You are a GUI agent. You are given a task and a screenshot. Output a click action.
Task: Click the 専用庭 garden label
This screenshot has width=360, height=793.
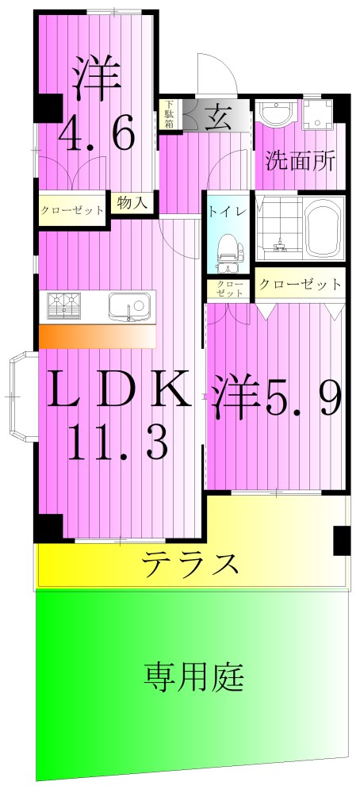pyautogui.click(x=194, y=678)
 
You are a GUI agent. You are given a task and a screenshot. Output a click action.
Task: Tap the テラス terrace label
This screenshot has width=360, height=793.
pyautogui.click(x=190, y=565)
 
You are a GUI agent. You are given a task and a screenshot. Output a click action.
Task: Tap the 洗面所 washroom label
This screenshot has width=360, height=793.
pyautogui.click(x=300, y=162)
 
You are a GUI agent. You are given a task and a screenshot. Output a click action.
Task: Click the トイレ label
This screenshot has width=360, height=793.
pyautogui.click(x=225, y=212)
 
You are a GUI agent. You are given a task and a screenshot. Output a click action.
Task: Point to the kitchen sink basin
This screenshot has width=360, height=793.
pyautogui.click(x=128, y=305)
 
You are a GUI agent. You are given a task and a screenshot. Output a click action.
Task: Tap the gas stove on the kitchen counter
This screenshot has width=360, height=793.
pyautogui.click(x=65, y=305)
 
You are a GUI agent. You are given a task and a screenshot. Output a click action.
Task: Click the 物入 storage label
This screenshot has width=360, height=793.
pyautogui.click(x=132, y=203)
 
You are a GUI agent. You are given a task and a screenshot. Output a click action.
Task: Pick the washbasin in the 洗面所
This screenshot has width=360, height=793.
pyautogui.click(x=278, y=114)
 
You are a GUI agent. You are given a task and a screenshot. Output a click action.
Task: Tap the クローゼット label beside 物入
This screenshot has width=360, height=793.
pyautogui.click(x=72, y=211)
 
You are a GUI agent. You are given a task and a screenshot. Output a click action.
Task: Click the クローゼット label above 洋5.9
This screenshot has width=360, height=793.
pyautogui.click(x=301, y=284)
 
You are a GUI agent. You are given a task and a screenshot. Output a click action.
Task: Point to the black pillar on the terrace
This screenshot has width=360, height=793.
pyautogui.click(x=342, y=541)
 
